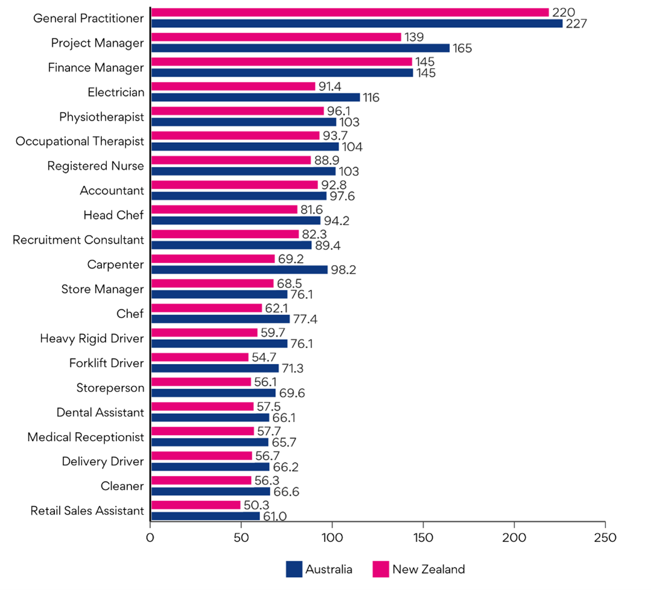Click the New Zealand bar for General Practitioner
349,13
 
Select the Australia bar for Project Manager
300,48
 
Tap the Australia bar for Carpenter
239,269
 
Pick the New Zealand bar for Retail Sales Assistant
195,505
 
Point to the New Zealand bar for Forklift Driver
199,357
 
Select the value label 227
577,24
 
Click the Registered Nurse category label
96,166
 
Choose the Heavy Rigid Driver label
92,338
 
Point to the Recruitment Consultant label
78,240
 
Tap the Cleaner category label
122,486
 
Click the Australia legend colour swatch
294,569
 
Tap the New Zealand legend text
428,569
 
